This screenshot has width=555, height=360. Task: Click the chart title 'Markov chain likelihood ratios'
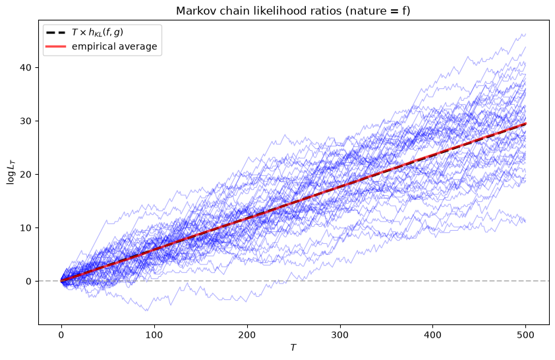[x=259, y=11]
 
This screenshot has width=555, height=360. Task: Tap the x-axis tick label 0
[x=61, y=334]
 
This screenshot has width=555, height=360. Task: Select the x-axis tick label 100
[x=154, y=334]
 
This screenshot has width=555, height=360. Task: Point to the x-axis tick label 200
[x=247, y=334]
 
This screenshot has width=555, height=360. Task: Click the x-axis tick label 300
[x=340, y=334]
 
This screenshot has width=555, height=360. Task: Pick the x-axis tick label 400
[x=433, y=334]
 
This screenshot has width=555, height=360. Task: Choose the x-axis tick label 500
[x=525, y=334]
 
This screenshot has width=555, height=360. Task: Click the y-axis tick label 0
[x=28, y=282]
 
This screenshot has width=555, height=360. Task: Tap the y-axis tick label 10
[x=26, y=228]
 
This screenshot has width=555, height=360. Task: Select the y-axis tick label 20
[x=26, y=175]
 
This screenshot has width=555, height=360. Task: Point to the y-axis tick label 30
[x=26, y=121]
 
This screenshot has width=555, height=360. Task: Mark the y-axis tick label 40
[x=26, y=68]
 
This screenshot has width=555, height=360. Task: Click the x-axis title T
[x=293, y=348]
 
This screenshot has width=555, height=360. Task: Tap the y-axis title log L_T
[x=11, y=172]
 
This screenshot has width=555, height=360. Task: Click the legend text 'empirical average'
[x=114, y=47]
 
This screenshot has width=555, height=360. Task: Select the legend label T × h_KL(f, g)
[x=98, y=32]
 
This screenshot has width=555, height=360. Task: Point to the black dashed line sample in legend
[x=56, y=32]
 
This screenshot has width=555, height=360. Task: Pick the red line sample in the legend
[x=56, y=46]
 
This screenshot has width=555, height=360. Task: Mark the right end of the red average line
[x=526, y=123]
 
